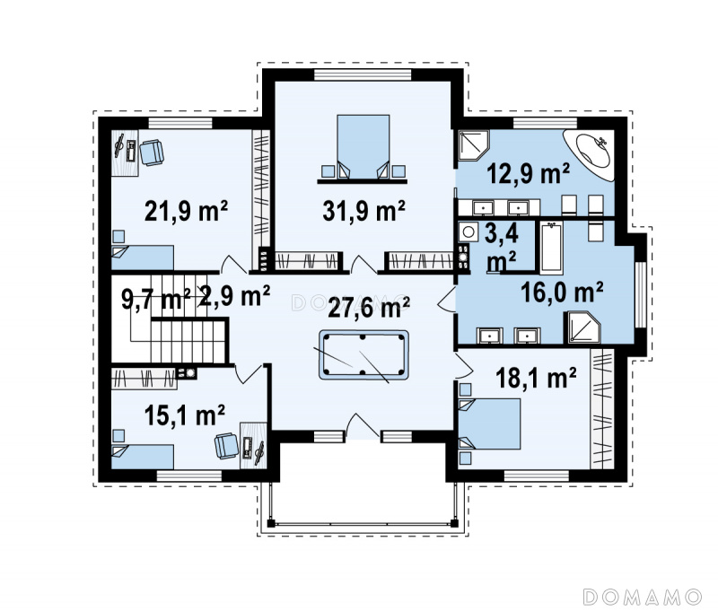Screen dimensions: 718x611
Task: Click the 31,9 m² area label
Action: [363, 211]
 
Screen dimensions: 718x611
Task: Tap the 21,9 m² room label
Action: [186, 211]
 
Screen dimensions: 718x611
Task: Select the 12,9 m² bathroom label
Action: [528, 173]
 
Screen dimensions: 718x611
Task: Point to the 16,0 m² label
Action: [562, 292]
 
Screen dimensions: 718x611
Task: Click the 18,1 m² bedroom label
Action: [536, 378]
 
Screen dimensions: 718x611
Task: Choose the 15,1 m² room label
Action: [185, 415]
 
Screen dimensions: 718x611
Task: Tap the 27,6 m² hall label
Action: [369, 307]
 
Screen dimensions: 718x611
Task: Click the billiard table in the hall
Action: [363, 354]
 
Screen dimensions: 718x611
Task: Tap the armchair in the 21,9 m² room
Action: [152, 153]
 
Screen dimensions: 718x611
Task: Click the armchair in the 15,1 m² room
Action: [227, 446]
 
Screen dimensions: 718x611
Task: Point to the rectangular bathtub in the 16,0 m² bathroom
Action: [552, 248]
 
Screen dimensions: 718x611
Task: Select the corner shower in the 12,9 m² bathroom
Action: [474, 145]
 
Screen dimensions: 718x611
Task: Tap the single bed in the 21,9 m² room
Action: [143, 257]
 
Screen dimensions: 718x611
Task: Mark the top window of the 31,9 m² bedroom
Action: [363, 74]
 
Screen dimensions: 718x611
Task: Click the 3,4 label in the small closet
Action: [502, 233]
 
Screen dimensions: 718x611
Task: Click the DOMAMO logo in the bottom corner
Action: [643, 597]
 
